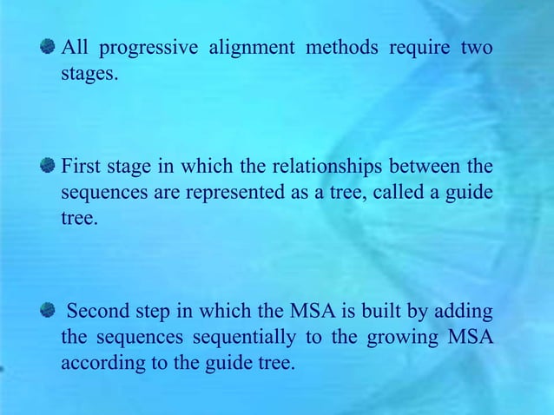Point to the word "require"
419,48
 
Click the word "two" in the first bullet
477,48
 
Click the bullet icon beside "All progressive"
49,47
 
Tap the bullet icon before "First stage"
49,165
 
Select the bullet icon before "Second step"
49,310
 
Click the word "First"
80,165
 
